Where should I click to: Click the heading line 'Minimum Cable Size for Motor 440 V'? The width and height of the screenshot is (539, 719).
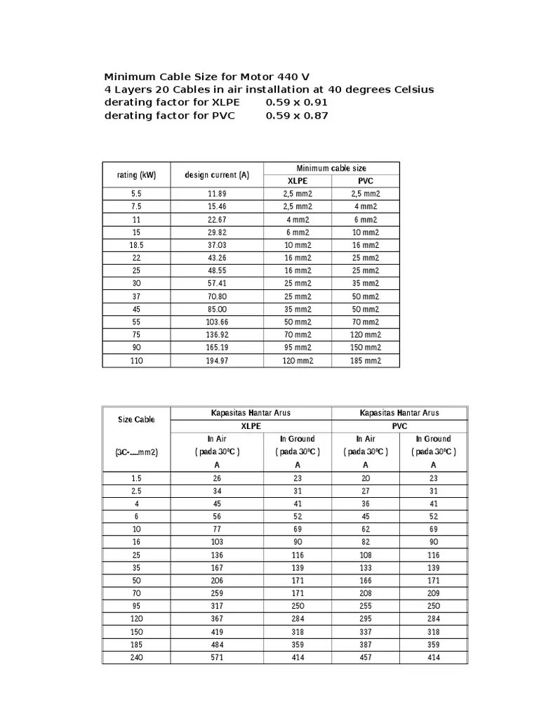tap(207, 77)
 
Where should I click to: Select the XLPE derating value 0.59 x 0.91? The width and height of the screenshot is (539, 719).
tap(296, 103)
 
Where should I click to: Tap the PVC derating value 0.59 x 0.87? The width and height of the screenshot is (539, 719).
tap(296, 116)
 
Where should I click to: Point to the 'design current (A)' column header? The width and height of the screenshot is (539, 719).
tap(217, 174)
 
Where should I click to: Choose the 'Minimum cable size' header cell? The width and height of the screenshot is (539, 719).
tap(331, 168)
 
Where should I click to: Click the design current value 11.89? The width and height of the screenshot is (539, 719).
tap(217, 194)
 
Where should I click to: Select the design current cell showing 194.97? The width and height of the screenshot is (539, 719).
tap(217, 360)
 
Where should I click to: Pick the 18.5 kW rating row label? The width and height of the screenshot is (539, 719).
tap(135, 245)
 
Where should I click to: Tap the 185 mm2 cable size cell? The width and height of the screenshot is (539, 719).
tap(365, 360)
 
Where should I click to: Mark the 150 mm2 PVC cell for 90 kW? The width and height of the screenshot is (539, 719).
tap(365, 348)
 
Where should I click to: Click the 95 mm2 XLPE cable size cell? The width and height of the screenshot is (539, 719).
tap(297, 348)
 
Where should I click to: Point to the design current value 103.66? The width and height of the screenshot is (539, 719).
tap(217, 322)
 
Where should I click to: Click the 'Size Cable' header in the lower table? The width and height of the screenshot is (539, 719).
tap(136, 419)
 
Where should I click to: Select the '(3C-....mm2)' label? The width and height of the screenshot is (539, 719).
tap(136, 452)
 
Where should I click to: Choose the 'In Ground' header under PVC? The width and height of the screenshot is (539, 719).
tap(433, 439)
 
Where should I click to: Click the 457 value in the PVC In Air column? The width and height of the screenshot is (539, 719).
tap(365, 657)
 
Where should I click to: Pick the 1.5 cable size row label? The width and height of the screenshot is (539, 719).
tap(136, 477)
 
